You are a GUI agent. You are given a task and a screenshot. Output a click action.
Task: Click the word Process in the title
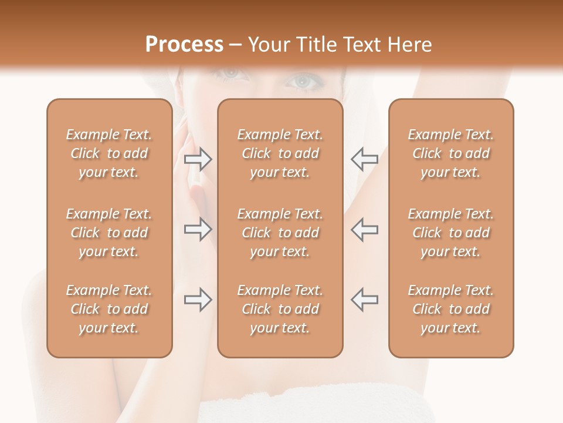click(184, 44)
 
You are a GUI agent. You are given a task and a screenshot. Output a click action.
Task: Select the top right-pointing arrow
click(198, 159)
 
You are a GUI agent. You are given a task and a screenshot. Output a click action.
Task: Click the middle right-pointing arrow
click(198, 229)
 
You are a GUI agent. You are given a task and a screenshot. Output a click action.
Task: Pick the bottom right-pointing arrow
click(198, 300)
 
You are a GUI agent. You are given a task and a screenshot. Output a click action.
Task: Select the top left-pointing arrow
click(364, 159)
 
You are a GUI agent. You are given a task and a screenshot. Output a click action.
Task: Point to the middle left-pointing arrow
click(364, 229)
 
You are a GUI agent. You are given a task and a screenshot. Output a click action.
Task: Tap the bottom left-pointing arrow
click(364, 300)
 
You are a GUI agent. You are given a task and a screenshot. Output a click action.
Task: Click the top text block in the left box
click(109, 153)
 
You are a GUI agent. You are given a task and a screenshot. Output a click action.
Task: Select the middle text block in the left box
click(109, 233)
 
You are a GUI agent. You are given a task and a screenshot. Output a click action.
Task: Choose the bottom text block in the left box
click(109, 309)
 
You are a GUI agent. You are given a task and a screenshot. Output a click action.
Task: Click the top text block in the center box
click(280, 153)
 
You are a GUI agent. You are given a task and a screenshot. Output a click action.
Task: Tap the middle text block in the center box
click(280, 233)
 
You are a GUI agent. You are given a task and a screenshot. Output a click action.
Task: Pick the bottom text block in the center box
click(280, 309)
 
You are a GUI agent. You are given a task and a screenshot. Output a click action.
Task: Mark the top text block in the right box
click(451, 153)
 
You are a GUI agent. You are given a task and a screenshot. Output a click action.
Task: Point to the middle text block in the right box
click(451, 233)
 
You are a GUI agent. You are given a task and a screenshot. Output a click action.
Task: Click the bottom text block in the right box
click(451, 309)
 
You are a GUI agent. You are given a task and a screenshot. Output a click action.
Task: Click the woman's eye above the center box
click(303, 82)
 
